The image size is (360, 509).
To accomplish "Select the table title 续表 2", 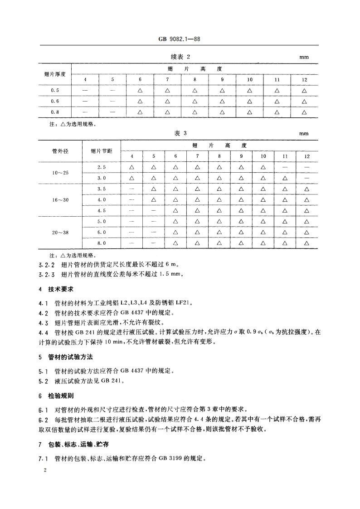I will tap(180, 57).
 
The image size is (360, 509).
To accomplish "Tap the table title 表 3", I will tap(180, 133).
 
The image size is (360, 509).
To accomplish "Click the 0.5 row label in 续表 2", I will tap(55, 91).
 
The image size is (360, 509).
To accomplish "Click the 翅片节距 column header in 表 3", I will tap(101, 151).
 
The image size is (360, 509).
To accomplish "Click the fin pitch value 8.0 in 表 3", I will tap(101, 243).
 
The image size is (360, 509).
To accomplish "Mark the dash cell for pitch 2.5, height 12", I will tap(307, 167).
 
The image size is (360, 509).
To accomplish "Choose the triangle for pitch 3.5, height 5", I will tap(153, 189).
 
